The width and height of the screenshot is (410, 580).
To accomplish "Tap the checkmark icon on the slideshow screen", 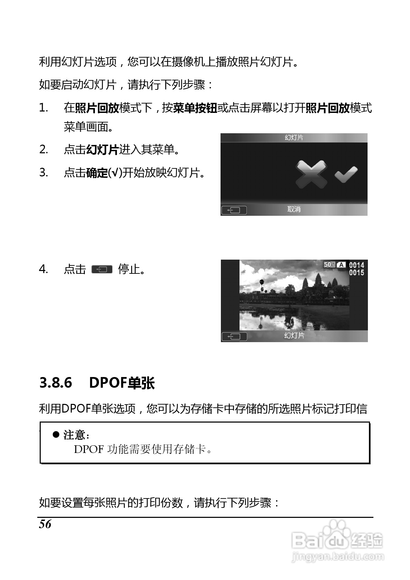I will pyautogui.click(x=346, y=174).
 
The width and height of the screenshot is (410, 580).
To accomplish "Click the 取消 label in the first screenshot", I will pyautogui.click(x=294, y=209).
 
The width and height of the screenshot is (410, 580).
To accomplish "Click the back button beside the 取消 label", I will pyautogui.click(x=234, y=210).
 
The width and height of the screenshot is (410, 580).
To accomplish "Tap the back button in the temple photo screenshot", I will pyautogui.click(x=234, y=336).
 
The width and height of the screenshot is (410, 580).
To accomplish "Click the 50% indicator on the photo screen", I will pyautogui.click(x=329, y=265).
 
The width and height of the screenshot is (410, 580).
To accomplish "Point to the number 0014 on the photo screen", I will pyautogui.click(x=357, y=265).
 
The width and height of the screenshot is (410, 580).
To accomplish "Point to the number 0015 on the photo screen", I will pyautogui.click(x=357, y=273).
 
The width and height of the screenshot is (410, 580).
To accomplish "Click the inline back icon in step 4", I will pyautogui.click(x=102, y=269).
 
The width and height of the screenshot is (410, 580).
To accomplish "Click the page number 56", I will pyautogui.click(x=45, y=524).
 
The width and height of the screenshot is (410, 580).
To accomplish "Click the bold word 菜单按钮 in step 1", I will pyautogui.click(x=195, y=108).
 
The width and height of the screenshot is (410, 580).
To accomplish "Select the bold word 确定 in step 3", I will pyautogui.click(x=97, y=173).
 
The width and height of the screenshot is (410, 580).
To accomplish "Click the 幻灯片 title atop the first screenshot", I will pyautogui.click(x=294, y=138).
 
